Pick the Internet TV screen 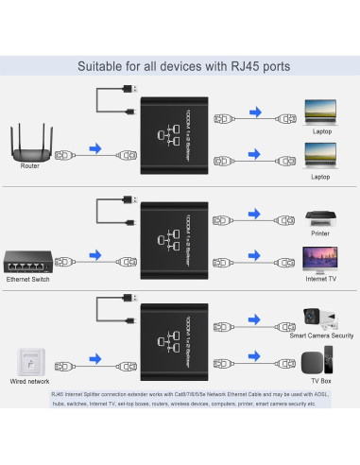318,257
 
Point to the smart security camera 318,317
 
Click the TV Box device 317,360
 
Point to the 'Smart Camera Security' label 321,336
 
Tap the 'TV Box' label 320,381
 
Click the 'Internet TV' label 320,279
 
